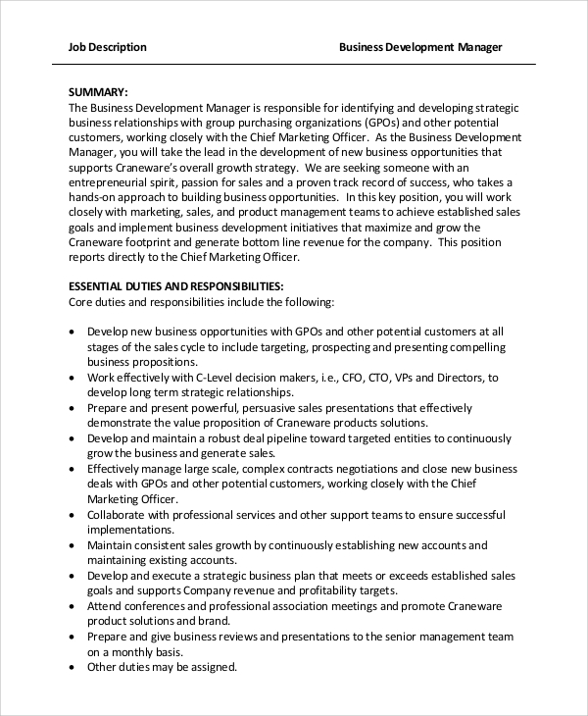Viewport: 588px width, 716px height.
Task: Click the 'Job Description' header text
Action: coord(108,47)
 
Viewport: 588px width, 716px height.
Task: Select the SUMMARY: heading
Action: coord(98,92)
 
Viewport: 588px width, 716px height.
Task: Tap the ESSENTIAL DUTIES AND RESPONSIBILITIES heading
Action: coord(176,286)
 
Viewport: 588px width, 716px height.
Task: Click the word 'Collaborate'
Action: coord(119,514)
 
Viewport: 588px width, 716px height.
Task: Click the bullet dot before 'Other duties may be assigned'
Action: coord(73,668)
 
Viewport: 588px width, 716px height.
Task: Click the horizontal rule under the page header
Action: coord(294,65)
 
